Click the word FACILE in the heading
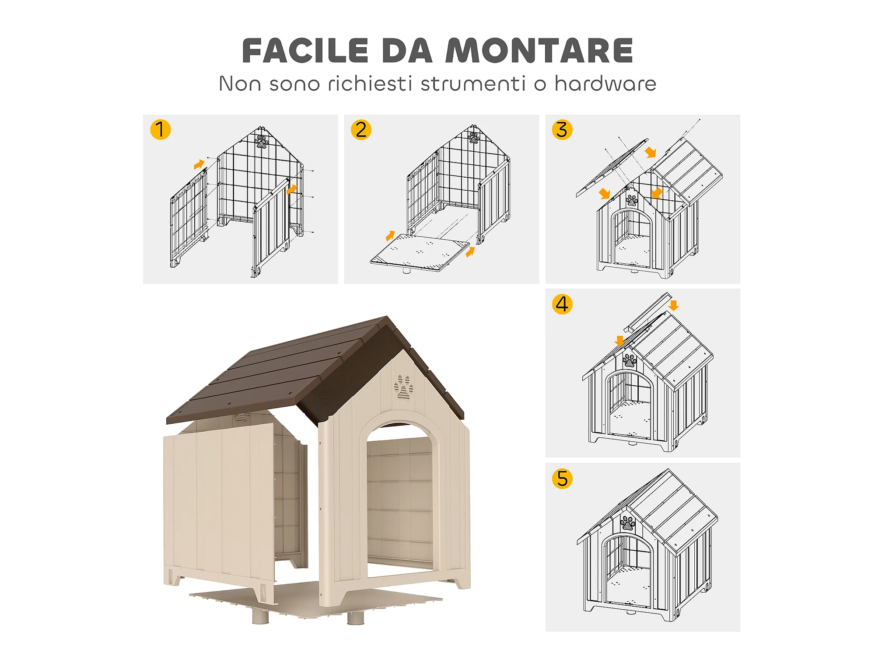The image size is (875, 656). point(305,51)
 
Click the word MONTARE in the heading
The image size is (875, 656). point(539,51)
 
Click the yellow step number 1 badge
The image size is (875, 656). point(160,129)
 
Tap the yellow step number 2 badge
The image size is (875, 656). point(361,129)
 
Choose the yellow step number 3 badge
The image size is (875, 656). point(562,129)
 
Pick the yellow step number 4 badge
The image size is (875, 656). point(562,304)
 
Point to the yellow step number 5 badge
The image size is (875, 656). point(562,478)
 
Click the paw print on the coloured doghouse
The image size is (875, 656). point(403,387)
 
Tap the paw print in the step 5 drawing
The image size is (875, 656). point(628,523)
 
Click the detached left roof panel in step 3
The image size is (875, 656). point(612,168)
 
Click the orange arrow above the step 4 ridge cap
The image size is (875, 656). point(674,305)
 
